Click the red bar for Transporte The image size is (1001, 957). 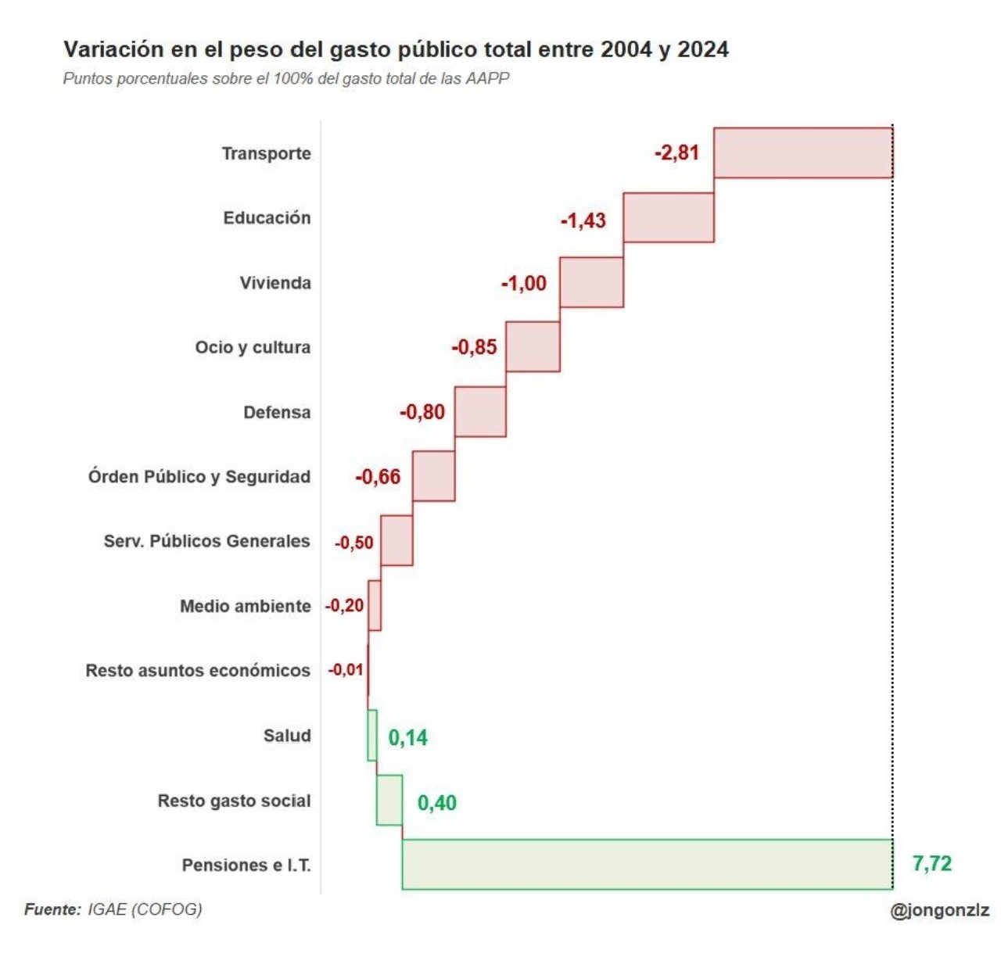click(x=802, y=153)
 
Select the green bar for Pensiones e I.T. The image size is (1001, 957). click(x=647, y=864)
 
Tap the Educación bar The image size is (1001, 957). click(x=669, y=217)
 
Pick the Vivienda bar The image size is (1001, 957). click(x=591, y=282)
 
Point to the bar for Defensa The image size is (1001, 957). click(x=480, y=411)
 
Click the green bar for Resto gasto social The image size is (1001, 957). click(x=389, y=800)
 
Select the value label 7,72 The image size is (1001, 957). click(x=931, y=863)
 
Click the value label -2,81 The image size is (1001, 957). click(x=676, y=152)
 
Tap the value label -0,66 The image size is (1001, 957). click(x=378, y=476)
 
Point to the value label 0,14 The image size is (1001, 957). click(x=408, y=737)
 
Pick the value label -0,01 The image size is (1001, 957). click(x=346, y=670)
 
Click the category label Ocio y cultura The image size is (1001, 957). click(x=253, y=347)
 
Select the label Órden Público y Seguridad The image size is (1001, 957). click(x=199, y=476)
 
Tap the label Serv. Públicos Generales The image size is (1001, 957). click(x=206, y=541)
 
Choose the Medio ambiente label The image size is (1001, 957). click(x=245, y=606)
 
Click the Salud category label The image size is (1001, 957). click(x=287, y=735)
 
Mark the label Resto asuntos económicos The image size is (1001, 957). click(x=198, y=670)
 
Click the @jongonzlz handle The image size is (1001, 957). click(x=939, y=910)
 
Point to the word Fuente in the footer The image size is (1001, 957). click(x=52, y=909)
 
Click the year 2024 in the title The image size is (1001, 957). click(x=703, y=49)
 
